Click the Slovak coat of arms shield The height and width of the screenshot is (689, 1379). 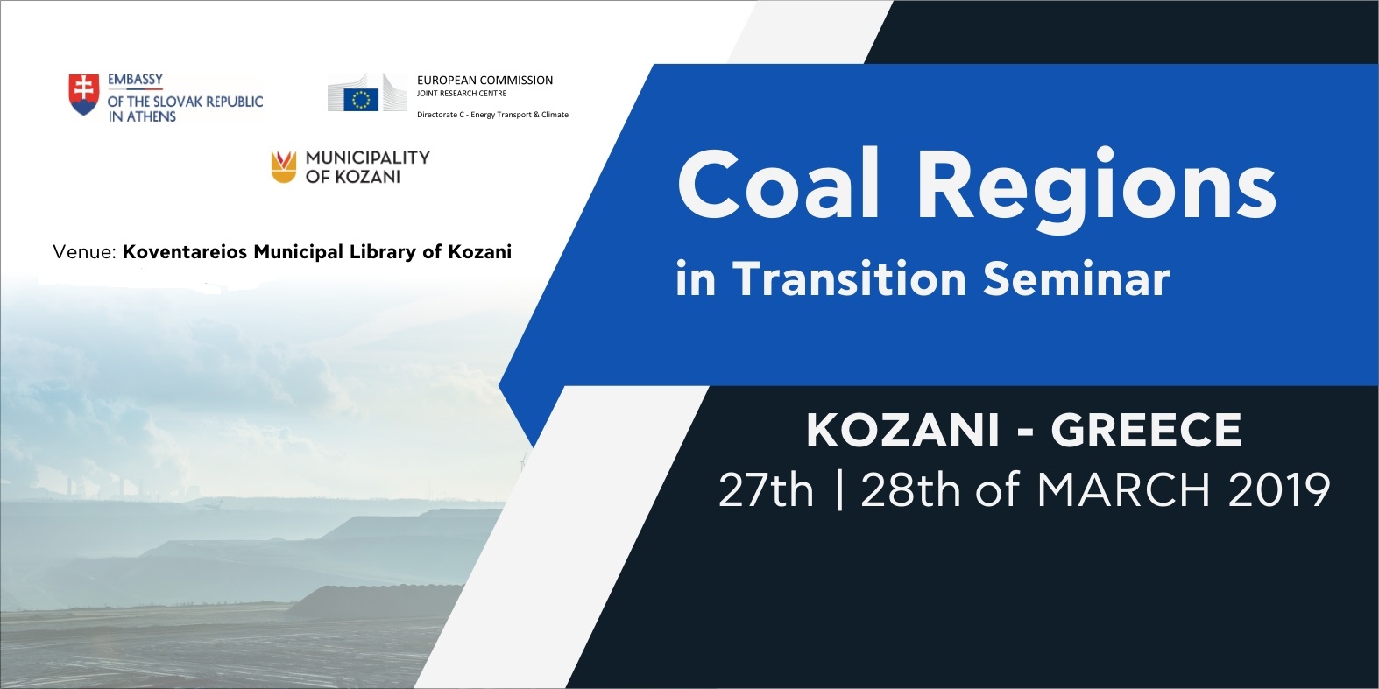coord(84,95)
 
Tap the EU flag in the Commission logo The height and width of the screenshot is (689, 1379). coord(361,99)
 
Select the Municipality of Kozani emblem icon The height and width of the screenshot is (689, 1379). coord(284,167)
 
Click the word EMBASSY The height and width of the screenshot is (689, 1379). coord(136,80)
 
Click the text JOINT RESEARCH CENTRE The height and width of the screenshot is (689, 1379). coord(462,94)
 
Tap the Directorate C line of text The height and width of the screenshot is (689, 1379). coord(492,115)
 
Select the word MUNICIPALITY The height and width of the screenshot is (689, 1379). coord(367,158)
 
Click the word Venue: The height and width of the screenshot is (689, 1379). coord(85,252)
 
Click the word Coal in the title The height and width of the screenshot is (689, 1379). coord(777,185)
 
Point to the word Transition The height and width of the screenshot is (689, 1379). coord(852,278)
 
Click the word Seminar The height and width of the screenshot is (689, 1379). coord(1077,279)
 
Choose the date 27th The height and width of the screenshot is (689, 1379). coord(765,490)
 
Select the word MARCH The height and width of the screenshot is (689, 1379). coord(1124,490)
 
